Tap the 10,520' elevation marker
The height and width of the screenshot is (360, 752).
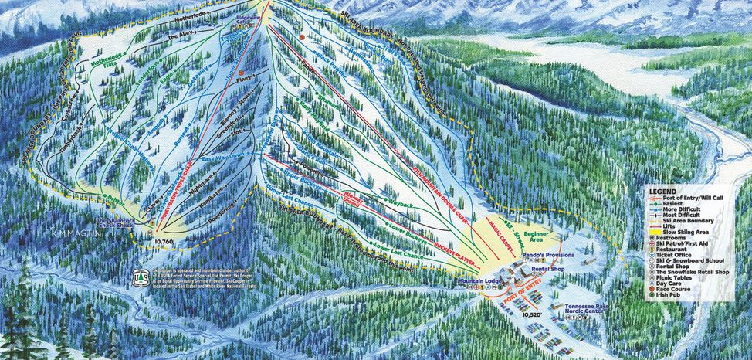coord(534,315)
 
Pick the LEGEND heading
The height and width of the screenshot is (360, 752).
coord(662,191)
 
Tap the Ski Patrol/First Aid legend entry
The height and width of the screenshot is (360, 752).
coord(690,246)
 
